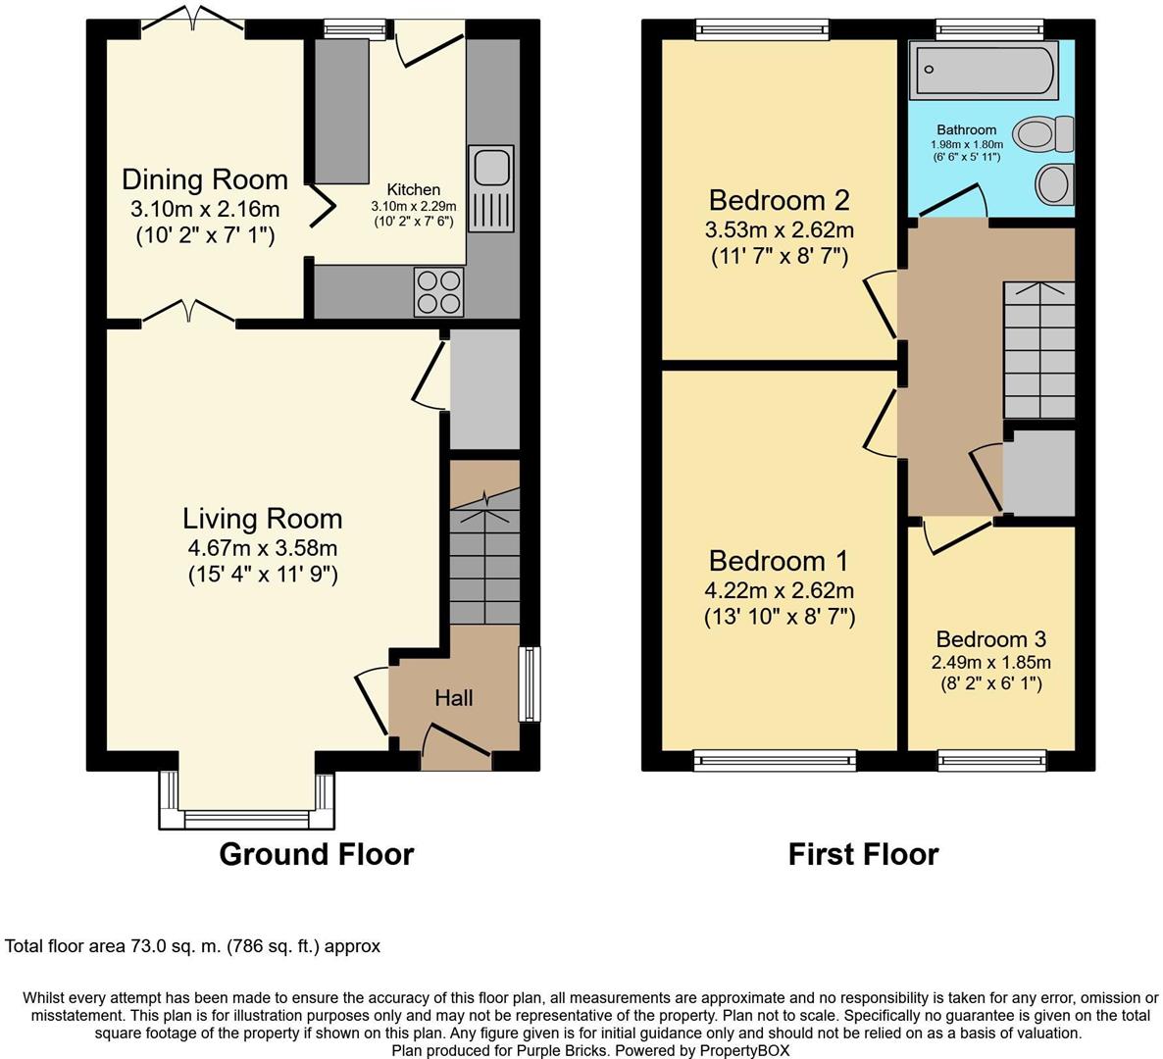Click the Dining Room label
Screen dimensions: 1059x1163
205,179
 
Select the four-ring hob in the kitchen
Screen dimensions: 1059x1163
438,291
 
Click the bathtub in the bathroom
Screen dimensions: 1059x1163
984,71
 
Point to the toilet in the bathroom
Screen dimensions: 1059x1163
1046,132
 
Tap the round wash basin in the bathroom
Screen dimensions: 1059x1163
1054,183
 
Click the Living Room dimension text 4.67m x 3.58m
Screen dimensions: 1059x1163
262,548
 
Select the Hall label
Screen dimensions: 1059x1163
454,698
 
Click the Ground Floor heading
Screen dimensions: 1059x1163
316,854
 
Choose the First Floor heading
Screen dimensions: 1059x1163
863,854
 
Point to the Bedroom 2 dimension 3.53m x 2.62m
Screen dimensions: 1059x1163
779,230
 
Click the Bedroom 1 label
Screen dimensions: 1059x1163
779,561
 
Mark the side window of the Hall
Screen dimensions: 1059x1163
530,683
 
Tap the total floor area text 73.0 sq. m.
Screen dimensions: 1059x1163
192,946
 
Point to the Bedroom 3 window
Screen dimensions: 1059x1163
991,760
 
